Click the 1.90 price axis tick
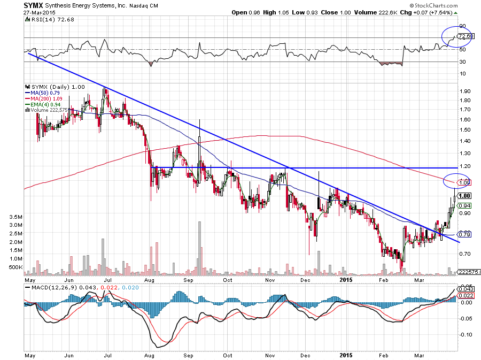click(464, 91)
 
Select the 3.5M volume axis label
click(14, 217)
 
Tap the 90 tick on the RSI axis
click(461, 26)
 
